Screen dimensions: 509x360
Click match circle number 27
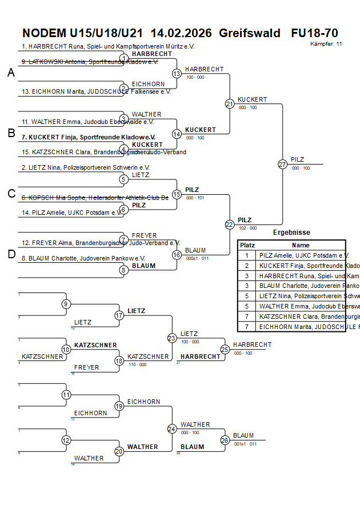282,164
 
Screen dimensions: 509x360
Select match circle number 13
177,73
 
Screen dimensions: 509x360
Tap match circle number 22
230,225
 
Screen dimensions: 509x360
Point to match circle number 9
66,304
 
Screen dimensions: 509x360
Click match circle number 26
225,440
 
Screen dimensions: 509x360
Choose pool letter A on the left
11,73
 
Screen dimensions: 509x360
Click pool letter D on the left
11,254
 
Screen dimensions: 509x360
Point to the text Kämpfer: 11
326,43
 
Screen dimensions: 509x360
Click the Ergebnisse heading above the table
291,233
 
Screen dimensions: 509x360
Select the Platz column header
247,245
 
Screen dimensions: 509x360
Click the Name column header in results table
301,245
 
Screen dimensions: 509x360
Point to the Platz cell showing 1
247,255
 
